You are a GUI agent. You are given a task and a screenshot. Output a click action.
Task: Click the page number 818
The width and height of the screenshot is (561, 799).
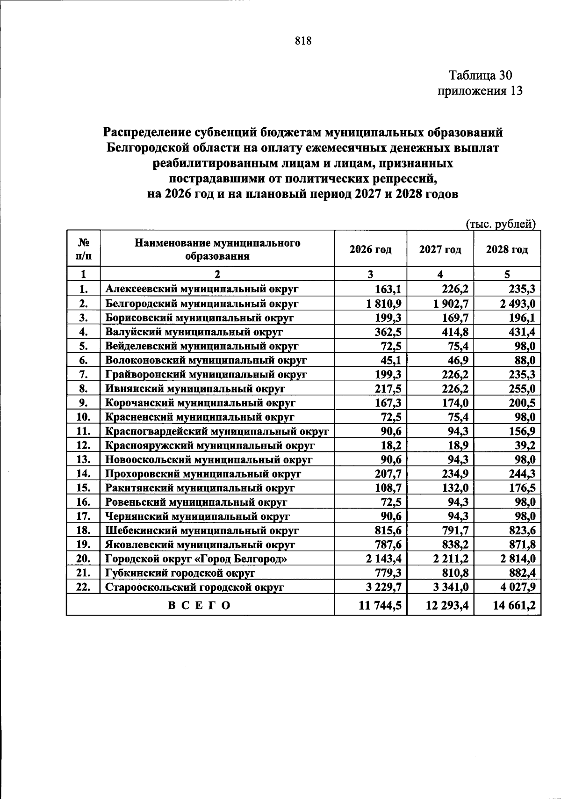303,41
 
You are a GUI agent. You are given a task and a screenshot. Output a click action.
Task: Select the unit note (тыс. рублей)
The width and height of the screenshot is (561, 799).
501,224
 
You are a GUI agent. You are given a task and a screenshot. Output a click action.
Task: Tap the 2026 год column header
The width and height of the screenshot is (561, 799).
370,249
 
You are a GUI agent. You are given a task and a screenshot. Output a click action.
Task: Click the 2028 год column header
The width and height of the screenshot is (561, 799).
507,249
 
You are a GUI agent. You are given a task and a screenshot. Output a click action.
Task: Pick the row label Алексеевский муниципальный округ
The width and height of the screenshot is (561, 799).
201,289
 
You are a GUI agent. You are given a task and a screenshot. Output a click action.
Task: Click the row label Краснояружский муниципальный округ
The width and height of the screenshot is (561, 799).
210,445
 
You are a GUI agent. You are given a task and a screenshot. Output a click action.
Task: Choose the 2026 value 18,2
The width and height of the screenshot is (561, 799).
391,445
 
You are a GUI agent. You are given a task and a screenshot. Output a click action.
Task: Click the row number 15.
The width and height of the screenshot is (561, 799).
83,488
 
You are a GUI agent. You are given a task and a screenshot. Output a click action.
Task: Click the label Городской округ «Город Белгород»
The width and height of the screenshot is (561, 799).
196,559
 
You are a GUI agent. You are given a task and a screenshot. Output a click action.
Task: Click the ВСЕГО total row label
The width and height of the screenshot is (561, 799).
200,605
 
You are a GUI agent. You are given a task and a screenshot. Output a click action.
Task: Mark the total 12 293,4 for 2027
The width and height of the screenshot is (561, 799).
447,605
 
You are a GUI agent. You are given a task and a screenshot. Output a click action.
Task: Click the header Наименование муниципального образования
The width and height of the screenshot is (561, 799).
217,249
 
